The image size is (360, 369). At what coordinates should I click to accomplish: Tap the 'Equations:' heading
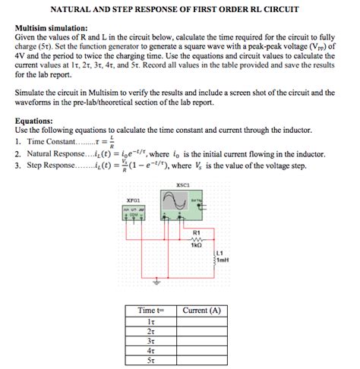tap(34, 120)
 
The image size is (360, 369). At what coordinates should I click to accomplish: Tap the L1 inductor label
tap(219, 253)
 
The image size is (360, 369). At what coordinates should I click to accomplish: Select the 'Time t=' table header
tap(150, 311)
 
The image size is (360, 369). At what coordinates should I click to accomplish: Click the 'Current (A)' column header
tap(202, 311)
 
